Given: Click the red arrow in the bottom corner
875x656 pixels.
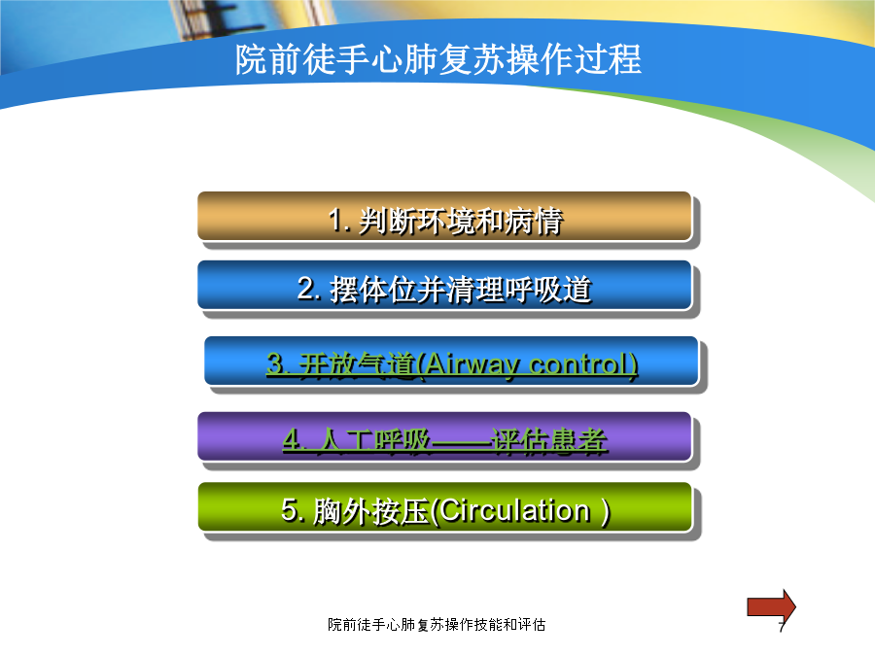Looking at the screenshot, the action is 771,606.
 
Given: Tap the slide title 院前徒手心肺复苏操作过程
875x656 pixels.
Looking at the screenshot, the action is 438,59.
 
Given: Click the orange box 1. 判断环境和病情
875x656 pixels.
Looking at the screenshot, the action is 444,217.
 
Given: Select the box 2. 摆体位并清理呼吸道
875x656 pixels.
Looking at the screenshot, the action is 444,285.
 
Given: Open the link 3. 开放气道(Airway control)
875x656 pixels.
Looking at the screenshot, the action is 452,364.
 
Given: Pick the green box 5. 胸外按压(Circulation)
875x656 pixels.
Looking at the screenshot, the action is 445,507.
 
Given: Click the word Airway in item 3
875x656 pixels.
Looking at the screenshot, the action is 472,365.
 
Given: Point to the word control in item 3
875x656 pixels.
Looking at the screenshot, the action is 579,364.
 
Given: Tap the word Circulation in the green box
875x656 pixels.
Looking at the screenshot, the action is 514,510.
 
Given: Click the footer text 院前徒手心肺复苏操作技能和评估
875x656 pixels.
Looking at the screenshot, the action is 437,625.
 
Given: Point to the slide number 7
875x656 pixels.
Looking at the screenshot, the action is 783,626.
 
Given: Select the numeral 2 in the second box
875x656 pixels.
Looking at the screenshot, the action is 306,289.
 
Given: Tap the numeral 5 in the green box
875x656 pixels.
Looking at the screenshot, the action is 290,510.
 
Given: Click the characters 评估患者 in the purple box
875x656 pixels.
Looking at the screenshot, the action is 549,441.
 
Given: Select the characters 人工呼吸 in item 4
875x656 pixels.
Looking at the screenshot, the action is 374,441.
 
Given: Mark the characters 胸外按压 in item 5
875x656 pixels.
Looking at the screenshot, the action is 370,511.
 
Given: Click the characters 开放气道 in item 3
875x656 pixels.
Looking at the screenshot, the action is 357,365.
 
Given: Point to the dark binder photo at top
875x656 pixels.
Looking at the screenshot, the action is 206,19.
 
